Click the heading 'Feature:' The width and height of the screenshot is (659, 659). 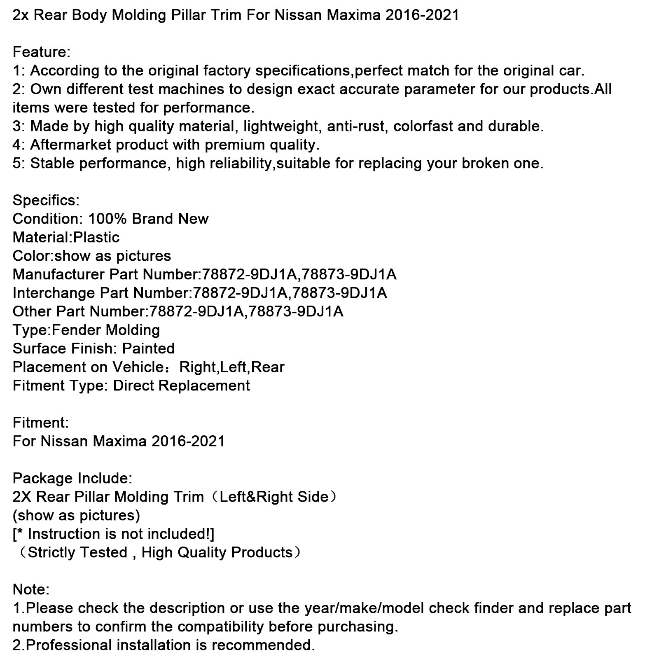tap(42, 52)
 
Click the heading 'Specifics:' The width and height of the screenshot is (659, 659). tap(46, 201)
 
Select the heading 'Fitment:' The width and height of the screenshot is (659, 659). tap(41, 423)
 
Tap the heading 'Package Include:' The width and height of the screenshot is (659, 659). tap(72, 479)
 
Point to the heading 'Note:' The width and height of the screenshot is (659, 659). tap(31, 590)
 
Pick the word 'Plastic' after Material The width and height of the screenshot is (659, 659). tap(96, 238)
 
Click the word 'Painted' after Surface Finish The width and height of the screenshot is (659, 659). tap(148, 349)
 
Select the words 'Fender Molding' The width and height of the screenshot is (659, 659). tap(106, 330)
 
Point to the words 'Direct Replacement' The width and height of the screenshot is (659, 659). tap(181, 386)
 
